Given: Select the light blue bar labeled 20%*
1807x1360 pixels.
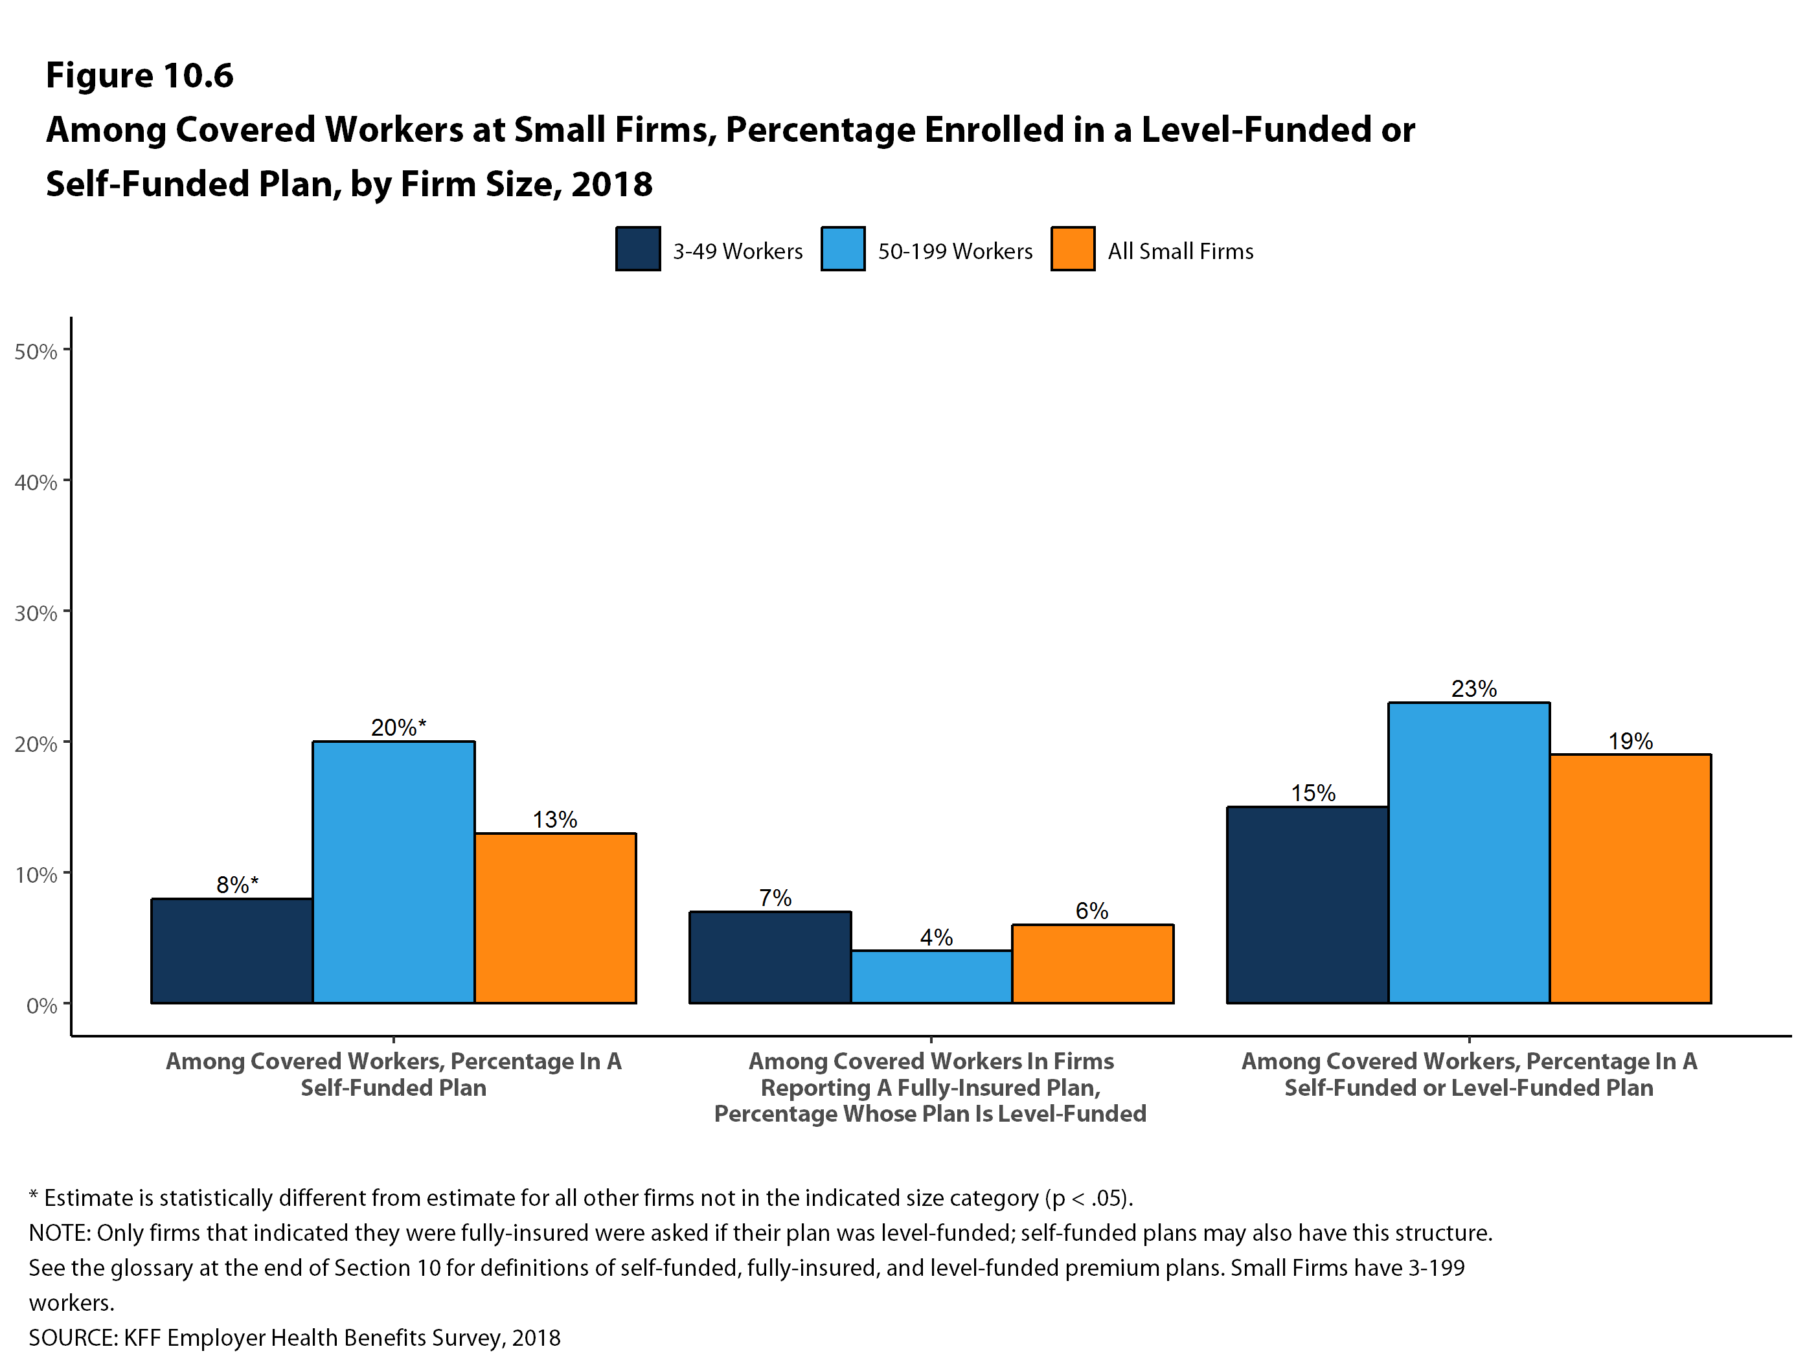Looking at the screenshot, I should coord(394,872).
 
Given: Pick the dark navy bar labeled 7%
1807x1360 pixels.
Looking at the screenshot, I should coord(769,957).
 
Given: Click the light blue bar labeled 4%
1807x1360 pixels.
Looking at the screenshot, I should coord(931,976).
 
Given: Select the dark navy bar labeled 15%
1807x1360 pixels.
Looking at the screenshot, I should coord(1307,904).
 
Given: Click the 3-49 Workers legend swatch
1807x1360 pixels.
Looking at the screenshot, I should coord(638,248).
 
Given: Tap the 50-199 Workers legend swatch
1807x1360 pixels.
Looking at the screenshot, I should coord(843,248).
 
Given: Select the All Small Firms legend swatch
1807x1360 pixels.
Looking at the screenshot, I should coord(1073,248).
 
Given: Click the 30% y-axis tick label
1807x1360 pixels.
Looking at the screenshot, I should coord(36,613).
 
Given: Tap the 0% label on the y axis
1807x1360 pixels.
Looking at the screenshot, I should coord(41,1006).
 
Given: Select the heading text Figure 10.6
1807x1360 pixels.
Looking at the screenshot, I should coord(140,75).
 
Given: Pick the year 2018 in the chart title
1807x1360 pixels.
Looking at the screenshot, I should coord(612,184).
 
